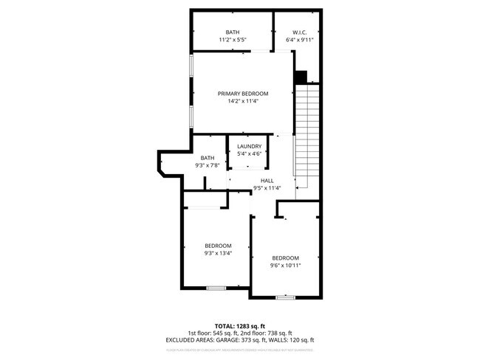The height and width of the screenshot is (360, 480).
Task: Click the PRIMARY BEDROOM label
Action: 242,94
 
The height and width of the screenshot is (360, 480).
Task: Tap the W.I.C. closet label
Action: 300,32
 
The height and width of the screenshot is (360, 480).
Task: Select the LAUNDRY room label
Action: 249,146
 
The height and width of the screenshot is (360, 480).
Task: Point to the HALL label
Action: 267,181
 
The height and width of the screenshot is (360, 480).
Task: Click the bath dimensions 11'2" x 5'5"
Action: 233,40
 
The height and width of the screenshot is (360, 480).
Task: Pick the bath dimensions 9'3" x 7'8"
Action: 208,166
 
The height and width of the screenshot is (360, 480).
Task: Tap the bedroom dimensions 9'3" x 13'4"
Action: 218,254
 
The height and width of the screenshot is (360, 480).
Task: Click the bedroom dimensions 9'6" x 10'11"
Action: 285,266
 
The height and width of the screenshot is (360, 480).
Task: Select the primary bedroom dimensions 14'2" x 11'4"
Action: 242,102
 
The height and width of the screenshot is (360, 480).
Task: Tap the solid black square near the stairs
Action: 301,76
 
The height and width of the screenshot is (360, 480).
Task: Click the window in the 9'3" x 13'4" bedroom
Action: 216,287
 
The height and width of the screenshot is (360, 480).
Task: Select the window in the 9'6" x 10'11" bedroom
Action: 286,297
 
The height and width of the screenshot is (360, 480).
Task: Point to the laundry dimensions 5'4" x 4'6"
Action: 249,154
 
